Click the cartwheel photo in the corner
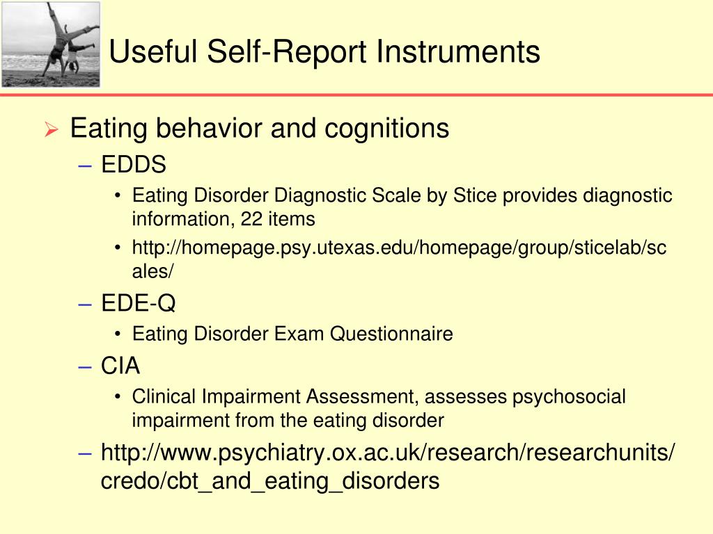click(50, 44)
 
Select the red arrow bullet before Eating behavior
click(50, 130)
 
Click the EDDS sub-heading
click(134, 165)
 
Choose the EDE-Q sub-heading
click(139, 303)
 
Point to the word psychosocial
click(569, 397)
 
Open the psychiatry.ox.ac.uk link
click(387, 453)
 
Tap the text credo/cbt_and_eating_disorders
click(270, 480)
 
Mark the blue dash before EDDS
click(86, 165)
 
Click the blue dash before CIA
click(86, 366)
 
